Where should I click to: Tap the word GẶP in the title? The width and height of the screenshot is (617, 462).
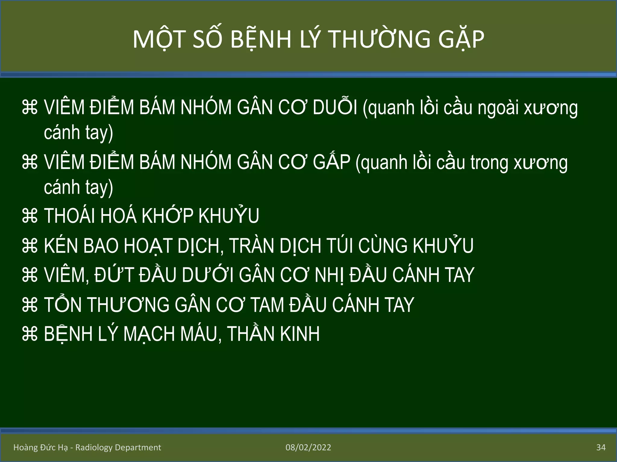pos(461,39)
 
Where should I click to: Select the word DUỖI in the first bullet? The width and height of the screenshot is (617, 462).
pos(335,107)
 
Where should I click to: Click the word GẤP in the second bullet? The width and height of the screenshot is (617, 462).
pos(331,162)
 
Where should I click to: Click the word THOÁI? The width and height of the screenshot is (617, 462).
pos(69,216)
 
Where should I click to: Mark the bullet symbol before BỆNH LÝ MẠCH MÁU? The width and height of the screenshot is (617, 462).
pos(30,334)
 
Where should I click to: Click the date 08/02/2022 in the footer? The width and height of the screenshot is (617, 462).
pos(308,448)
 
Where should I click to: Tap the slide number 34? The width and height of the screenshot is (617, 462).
pos(601,448)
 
